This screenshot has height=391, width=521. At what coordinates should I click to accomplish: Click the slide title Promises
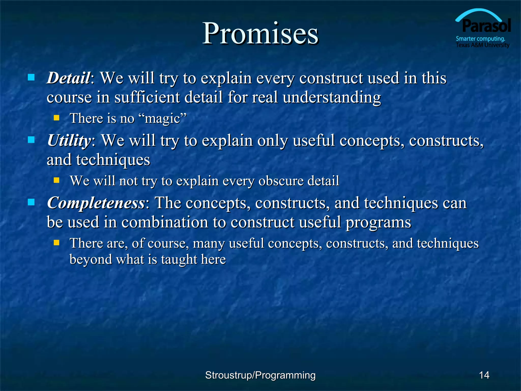click(260, 34)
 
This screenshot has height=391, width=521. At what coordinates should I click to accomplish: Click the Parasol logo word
click(486, 26)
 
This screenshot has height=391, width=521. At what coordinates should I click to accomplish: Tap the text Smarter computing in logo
click(480, 39)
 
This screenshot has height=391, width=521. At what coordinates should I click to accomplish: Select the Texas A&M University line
click(482, 45)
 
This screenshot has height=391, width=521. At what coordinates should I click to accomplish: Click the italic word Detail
click(68, 78)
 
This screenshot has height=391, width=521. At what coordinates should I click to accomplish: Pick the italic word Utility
click(69, 141)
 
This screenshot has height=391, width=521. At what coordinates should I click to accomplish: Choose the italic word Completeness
click(96, 203)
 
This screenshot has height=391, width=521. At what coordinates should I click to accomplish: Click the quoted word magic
click(162, 119)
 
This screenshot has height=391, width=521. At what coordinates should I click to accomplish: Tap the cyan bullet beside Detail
click(31, 77)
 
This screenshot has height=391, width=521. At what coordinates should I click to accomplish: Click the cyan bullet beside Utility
click(31, 140)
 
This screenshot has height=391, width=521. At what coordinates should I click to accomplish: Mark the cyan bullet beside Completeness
click(31, 202)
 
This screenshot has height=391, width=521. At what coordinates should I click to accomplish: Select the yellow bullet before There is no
click(56, 118)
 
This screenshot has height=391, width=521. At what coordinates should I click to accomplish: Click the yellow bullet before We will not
click(56, 180)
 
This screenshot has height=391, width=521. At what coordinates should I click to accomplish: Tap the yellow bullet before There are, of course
click(56, 243)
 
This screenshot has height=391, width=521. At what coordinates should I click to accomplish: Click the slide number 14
click(484, 375)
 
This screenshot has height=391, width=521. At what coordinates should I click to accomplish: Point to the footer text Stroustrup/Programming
click(260, 375)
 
